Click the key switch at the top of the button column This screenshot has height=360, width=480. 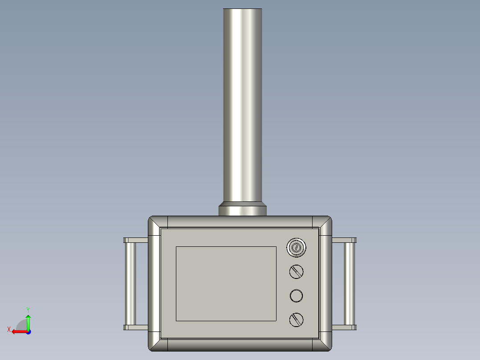[297, 248]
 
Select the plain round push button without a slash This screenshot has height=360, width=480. [297, 296]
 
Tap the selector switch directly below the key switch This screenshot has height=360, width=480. [297, 272]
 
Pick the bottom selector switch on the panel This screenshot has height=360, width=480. [297, 320]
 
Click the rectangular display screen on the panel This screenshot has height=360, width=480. [226, 284]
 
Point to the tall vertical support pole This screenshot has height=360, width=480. [242, 105]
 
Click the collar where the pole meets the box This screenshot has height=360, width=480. [242, 209]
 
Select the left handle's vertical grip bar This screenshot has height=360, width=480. [130, 284]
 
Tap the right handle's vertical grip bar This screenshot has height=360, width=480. [349, 284]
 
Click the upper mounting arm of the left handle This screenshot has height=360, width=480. [136, 240]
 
